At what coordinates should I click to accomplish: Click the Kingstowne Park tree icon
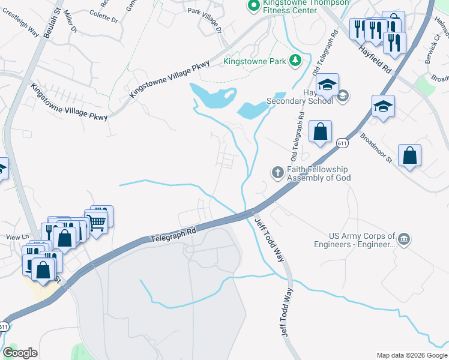(295, 60)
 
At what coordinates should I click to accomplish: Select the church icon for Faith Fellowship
(277, 173)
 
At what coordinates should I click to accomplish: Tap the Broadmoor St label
(376, 147)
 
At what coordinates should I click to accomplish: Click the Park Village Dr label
(204, 20)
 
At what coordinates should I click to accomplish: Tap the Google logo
(20, 353)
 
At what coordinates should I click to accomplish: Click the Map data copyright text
(412, 355)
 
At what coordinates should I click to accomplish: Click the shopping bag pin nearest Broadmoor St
(409, 156)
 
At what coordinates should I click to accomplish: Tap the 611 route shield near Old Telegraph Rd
(342, 143)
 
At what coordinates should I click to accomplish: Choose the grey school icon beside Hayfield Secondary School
(343, 95)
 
